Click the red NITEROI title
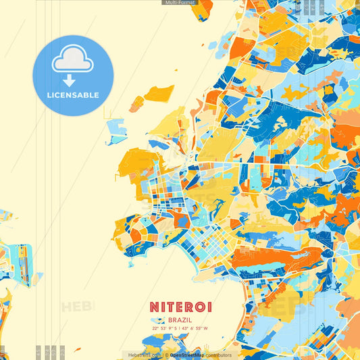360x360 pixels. click(180, 307)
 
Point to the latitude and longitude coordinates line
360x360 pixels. click(180, 329)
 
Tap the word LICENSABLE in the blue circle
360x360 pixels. click(73, 95)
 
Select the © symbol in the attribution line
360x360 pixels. click(166, 355)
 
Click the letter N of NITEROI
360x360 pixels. click(154, 307)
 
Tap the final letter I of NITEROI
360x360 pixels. click(209, 307)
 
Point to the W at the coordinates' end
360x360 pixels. click(206, 329)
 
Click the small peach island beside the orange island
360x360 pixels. click(136, 103)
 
